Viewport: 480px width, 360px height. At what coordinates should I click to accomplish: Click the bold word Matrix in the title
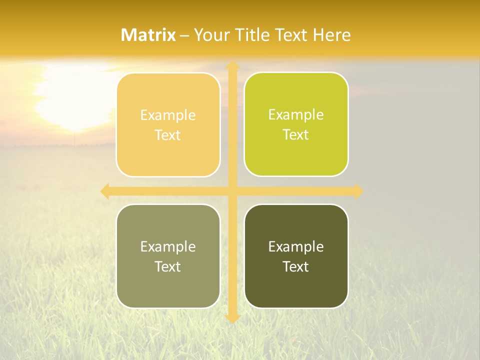(148, 35)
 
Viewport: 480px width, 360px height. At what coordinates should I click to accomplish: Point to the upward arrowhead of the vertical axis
(232, 66)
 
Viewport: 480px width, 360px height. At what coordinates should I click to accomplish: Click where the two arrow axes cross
(232, 191)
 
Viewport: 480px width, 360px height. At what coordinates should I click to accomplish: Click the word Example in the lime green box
(296, 114)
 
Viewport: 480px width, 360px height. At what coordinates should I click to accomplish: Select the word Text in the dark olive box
(296, 266)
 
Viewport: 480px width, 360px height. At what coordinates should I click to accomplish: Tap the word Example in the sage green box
(168, 246)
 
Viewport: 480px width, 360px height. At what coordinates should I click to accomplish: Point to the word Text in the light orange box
(168, 135)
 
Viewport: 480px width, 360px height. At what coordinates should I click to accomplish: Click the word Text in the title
(286, 35)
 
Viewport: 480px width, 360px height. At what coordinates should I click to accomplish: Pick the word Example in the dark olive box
(296, 246)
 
